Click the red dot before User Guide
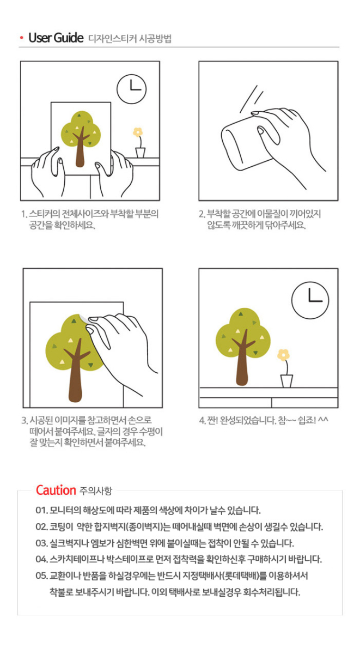coord(22,38)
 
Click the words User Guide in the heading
coord(56,38)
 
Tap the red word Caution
coord(56,490)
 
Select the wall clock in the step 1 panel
coord(132,89)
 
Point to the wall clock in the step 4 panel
coord(310,300)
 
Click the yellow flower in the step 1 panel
coord(138,132)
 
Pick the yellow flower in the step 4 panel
coord(283,355)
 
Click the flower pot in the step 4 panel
coord(286,381)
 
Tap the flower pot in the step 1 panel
coord(141,153)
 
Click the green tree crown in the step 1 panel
coord(81,129)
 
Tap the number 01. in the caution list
coord(41,510)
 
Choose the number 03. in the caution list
coord(41,543)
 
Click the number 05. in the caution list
coord(41,576)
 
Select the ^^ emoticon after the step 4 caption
coord(324,419)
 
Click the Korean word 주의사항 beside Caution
coord(96,491)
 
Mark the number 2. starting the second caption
coord(202,214)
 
